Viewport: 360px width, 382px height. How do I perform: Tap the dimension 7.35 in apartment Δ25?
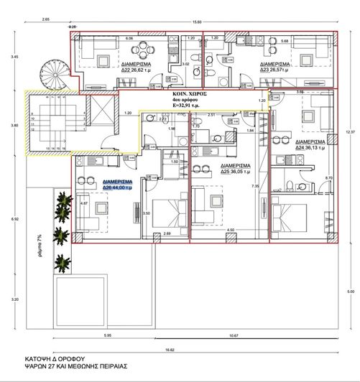255,186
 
